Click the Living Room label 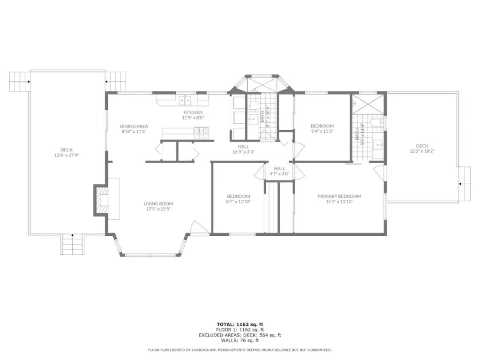click(158, 203)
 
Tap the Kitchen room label click(193, 112)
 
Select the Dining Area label click(134, 126)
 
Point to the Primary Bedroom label click(339, 196)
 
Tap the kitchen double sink click(185, 100)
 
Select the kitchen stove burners click(201, 131)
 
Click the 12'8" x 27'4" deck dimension click(67, 155)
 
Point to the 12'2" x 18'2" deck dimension click(422, 151)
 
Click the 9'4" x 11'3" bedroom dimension click(322, 131)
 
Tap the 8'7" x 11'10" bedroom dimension click(239, 202)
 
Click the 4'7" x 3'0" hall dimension click(279, 174)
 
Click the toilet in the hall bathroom click(253, 106)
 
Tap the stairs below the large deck click(72, 244)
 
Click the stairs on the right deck click(465, 184)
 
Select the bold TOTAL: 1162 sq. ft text click(240, 324)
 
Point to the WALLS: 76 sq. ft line click(240, 340)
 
